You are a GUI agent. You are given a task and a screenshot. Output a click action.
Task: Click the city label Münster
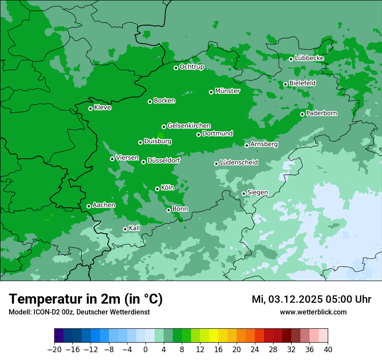click(227, 91)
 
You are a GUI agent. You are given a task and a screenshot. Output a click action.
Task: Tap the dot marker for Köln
click(157, 189)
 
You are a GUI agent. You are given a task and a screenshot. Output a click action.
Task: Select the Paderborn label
click(321, 113)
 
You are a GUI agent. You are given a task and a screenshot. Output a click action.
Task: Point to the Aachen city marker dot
click(89, 206)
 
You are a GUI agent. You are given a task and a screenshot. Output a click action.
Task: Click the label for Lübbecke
click(309, 58)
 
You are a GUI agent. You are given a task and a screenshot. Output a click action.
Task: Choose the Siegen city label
click(257, 192)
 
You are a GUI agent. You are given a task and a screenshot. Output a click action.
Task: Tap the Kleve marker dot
click(90, 108)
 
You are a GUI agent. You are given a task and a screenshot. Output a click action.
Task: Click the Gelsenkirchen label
click(189, 126)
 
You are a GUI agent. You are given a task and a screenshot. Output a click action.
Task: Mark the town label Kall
click(135, 228)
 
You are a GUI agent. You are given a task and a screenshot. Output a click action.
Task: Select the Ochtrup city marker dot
click(176, 68)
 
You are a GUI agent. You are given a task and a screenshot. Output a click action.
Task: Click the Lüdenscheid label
click(239, 163)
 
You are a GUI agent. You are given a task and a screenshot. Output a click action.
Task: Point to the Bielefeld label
click(302, 83)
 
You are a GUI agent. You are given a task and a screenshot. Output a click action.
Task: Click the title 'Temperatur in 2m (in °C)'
click(86, 299)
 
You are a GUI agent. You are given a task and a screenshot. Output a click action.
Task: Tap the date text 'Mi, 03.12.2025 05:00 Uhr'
click(311, 299)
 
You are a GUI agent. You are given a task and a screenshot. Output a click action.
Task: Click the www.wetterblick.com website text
click(313, 312)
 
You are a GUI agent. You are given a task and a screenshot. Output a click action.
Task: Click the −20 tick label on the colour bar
click(54, 350)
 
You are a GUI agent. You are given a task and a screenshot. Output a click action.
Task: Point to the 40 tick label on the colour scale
click(328, 350)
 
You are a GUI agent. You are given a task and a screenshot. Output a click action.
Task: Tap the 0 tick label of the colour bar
click(145, 350)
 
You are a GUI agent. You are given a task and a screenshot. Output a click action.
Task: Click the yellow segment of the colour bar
click(214, 336)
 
